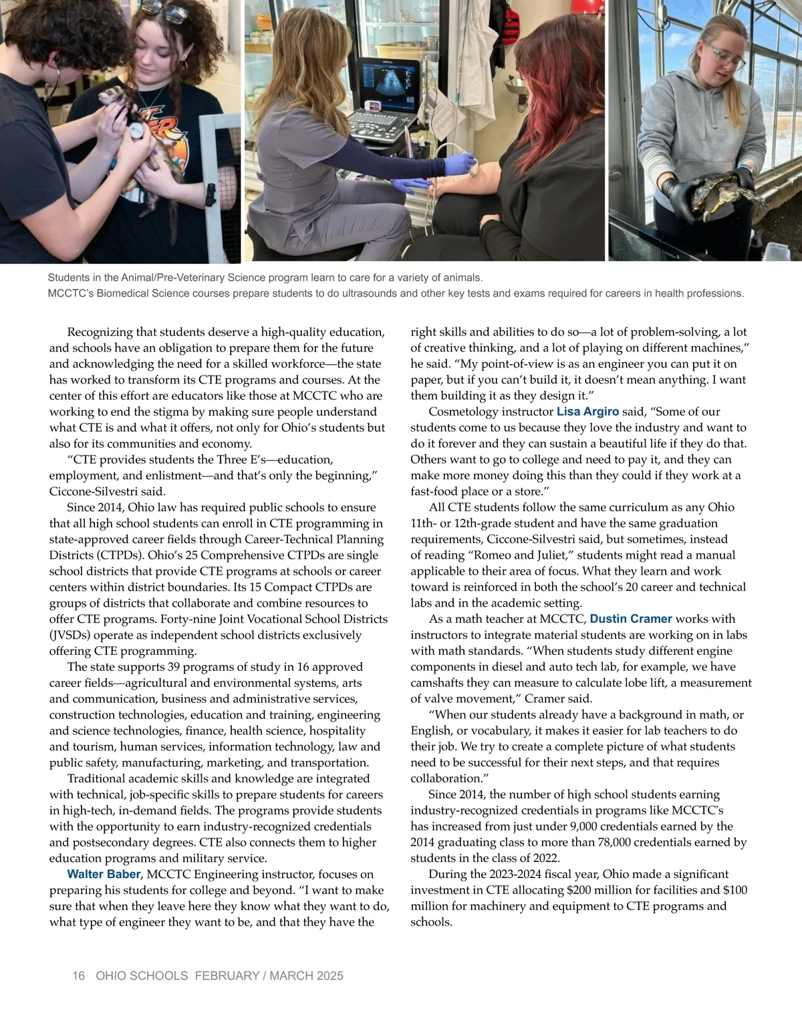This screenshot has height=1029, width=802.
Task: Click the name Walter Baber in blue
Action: tap(104, 874)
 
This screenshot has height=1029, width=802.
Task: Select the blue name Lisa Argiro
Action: tap(587, 412)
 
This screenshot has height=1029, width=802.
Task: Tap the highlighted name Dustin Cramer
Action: tap(630, 619)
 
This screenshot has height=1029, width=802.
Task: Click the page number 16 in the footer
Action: tap(78, 976)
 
